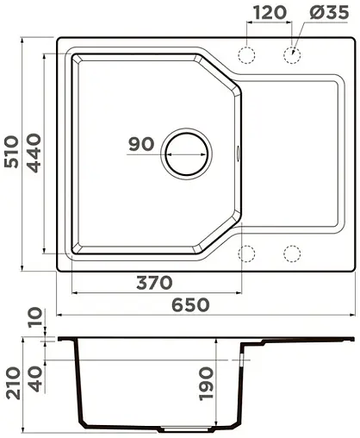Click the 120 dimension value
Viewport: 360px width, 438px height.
pyautogui.click(x=270, y=13)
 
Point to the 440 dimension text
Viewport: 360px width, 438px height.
pyautogui.click(x=35, y=153)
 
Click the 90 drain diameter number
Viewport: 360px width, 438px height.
pyautogui.click(x=140, y=144)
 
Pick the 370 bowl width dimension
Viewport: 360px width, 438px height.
pyautogui.click(x=153, y=283)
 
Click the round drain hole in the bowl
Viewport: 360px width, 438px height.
pyautogui.click(x=186, y=153)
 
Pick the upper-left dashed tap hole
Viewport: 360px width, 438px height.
pyautogui.click(x=248, y=54)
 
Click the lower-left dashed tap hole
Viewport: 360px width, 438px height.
pyautogui.click(x=248, y=253)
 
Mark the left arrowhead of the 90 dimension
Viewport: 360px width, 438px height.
pyautogui.click(x=167, y=153)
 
